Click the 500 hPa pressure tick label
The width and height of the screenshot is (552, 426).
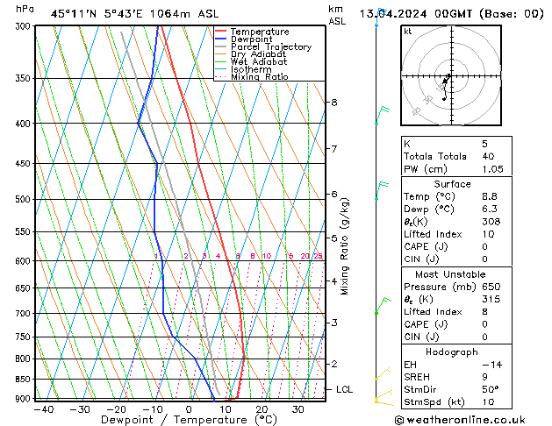tap(22, 199)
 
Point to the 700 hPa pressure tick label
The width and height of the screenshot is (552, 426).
tap(22, 313)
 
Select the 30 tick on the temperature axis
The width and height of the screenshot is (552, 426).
tap(298, 408)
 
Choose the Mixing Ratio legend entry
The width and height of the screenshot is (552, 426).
tap(259, 77)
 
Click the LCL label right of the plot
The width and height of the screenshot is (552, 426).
tap(345, 389)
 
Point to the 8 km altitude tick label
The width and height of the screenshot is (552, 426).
tap(333, 103)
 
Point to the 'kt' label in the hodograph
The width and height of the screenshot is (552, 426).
tap(408, 31)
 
